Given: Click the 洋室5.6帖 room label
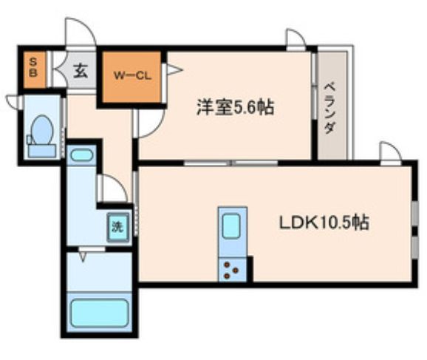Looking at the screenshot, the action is pyautogui.click(x=236, y=107).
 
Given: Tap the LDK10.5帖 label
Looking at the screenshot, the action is pyautogui.click(x=324, y=223).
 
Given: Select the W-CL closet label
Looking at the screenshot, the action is pyautogui.click(x=132, y=75).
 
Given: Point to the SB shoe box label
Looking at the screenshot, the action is pyautogui.click(x=33, y=68).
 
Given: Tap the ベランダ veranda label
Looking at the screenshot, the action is pyautogui.click(x=330, y=109).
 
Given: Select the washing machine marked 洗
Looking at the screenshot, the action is pyautogui.click(x=118, y=227).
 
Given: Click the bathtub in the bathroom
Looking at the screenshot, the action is pyautogui.click(x=100, y=313).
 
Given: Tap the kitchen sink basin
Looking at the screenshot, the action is pyautogui.click(x=231, y=226).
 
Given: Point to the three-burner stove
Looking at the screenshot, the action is pyautogui.click(x=231, y=269).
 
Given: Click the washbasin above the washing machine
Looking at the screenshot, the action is pyautogui.click(x=81, y=155).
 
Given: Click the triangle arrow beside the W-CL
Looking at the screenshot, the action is pyautogui.click(x=174, y=69).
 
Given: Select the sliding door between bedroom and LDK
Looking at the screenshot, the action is pyautogui.click(x=230, y=163).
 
